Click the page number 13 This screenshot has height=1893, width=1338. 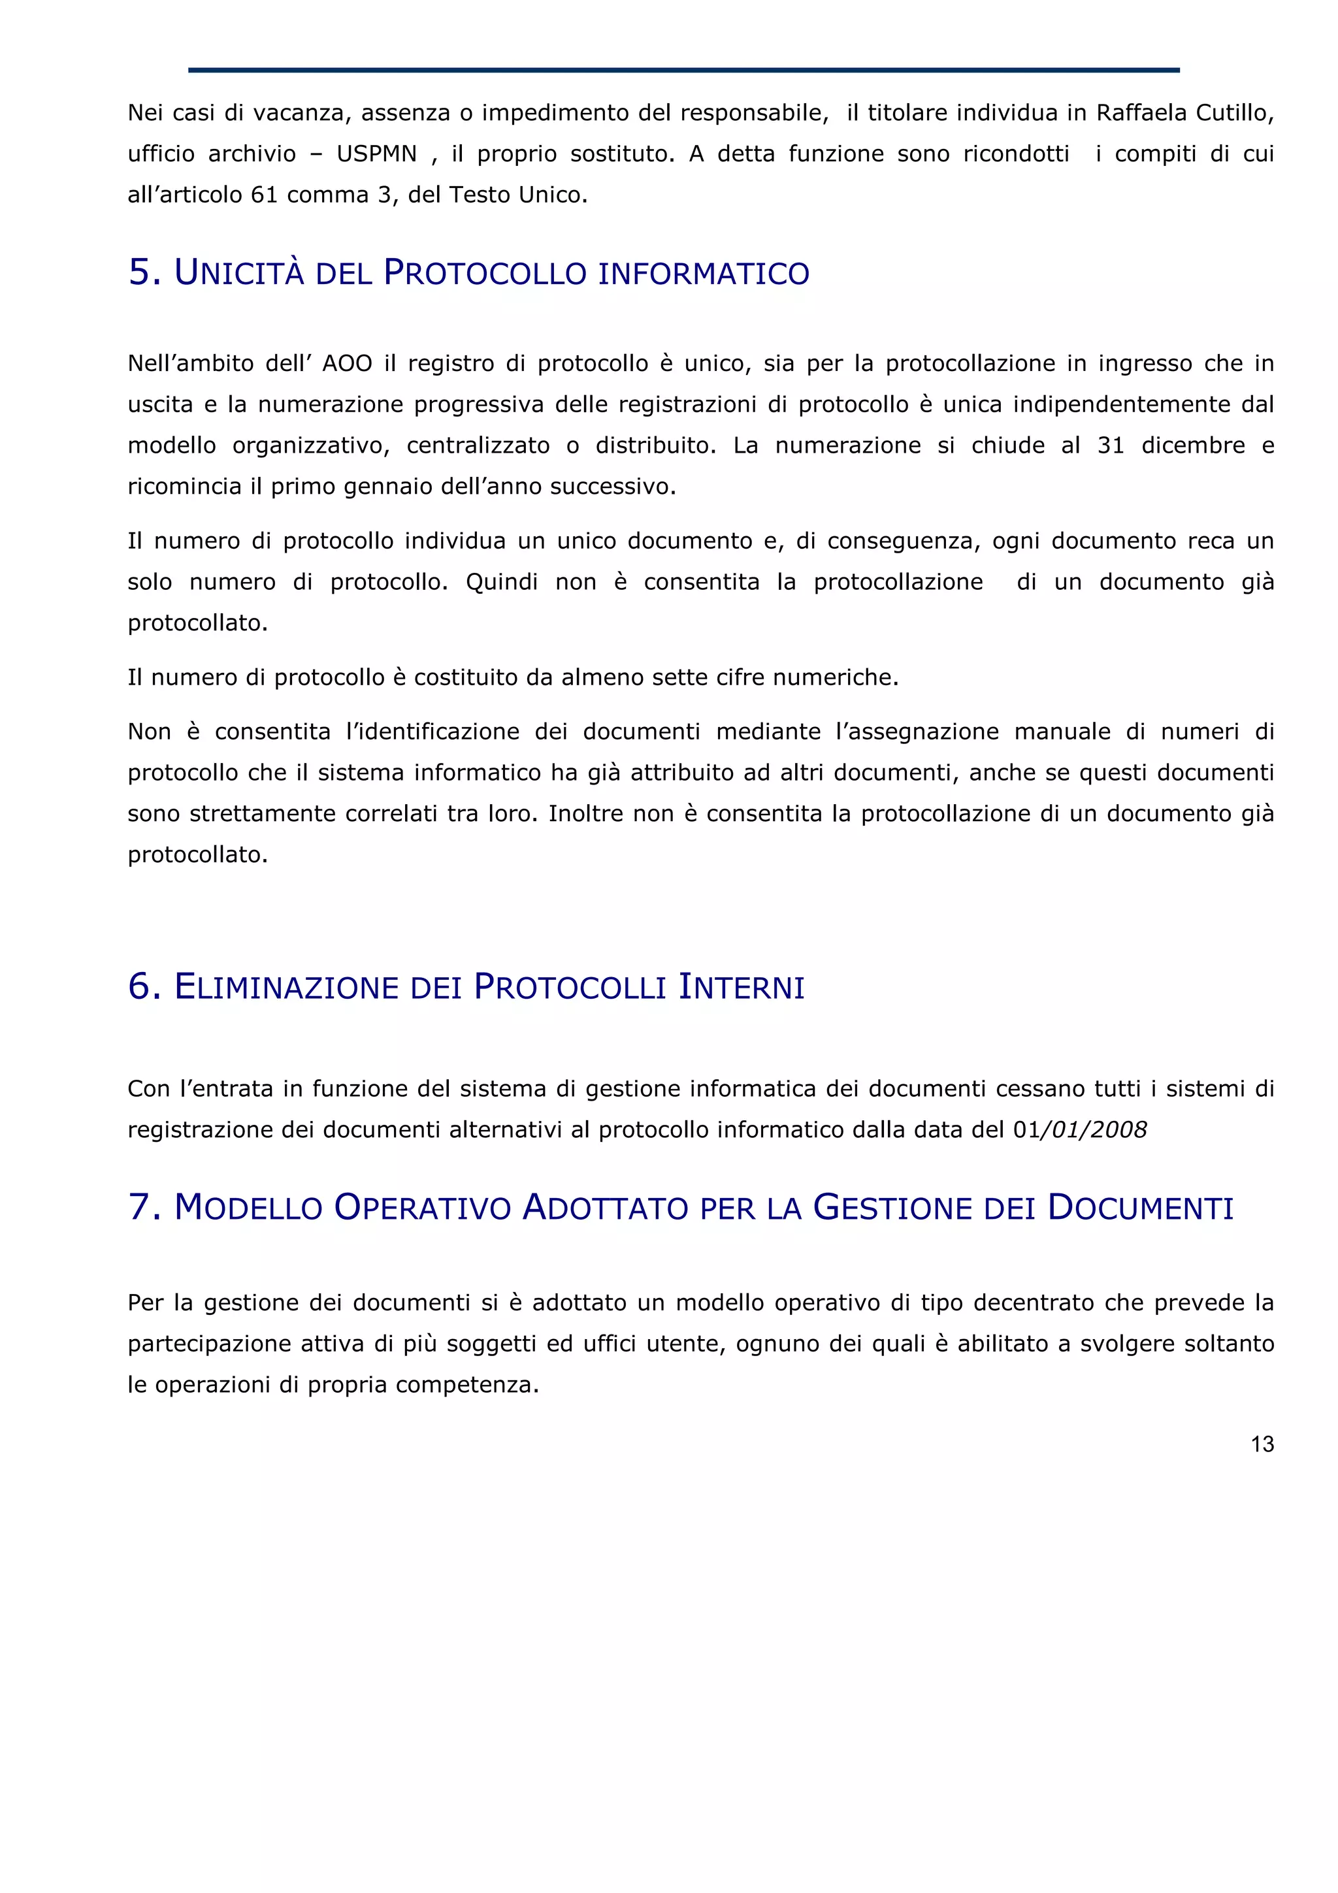(x=1262, y=1444)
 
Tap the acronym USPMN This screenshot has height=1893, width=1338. (x=377, y=154)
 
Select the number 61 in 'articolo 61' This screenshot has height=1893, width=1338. (x=265, y=195)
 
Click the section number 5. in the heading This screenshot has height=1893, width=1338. (x=144, y=272)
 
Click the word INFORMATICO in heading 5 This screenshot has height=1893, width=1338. (x=703, y=274)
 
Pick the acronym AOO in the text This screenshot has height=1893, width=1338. (x=347, y=364)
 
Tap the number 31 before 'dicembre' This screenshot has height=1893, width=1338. (x=1111, y=446)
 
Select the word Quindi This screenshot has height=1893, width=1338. (x=501, y=582)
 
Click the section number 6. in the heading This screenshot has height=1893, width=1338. (x=144, y=986)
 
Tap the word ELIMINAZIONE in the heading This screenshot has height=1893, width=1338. (x=287, y=987)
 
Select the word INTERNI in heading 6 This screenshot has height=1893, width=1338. (x=741, y=987)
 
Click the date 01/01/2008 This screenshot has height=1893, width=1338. (x=1079, y=1129)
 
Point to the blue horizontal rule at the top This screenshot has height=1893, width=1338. (x=683, y=70)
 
